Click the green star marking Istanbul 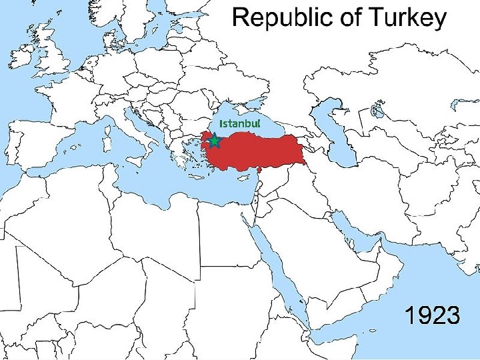(x=215, y=141)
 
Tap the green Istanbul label (x=239, y=124)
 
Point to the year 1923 (x=433, y=315)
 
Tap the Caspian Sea (x=337, y=133)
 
